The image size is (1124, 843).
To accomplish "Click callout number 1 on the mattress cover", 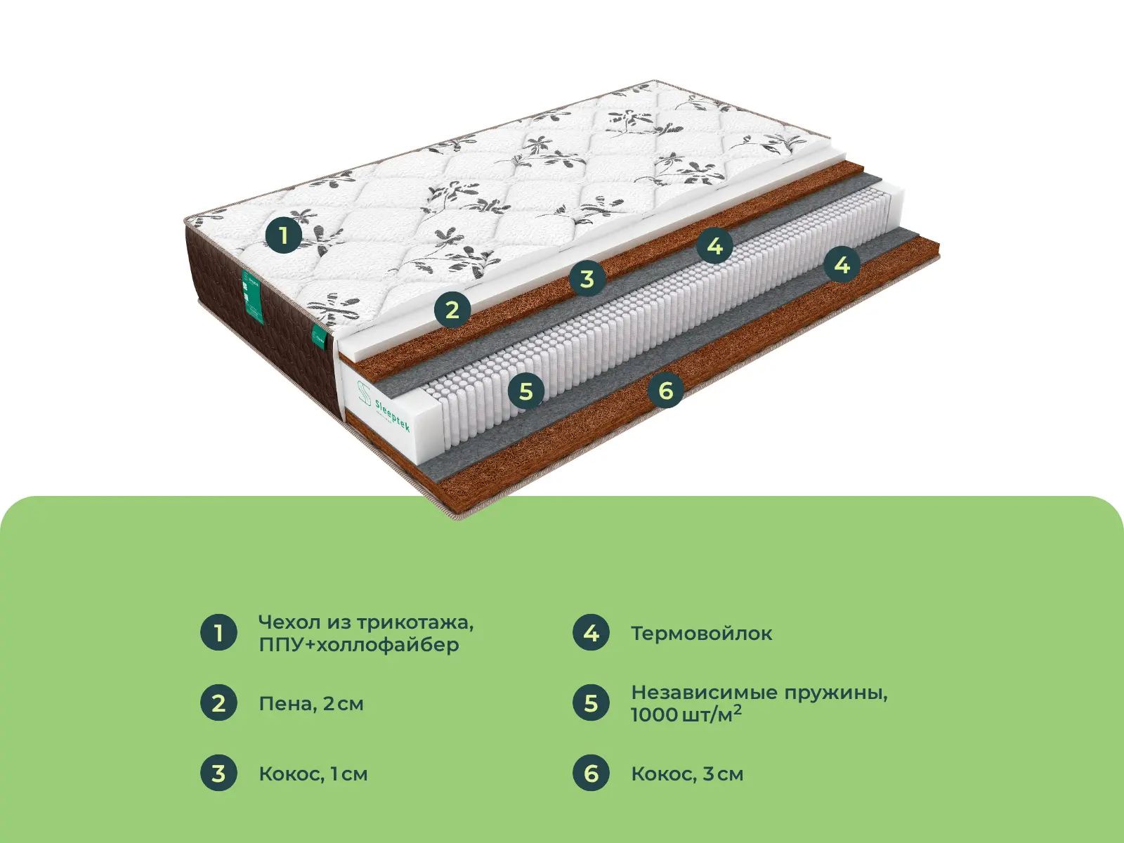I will [x=283, y=235].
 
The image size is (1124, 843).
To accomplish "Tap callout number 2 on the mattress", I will [x=452, y=310].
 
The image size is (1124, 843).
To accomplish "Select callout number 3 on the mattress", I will [x=587, y=279].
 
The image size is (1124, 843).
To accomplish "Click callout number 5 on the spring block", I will [x=526, y=391].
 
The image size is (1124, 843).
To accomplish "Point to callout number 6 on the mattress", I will [x=666, y=390].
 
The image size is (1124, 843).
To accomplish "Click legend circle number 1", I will [x=218, y=633].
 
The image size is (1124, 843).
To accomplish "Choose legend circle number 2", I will [x=218, y=703].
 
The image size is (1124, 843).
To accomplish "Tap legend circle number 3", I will [x=218, y=773].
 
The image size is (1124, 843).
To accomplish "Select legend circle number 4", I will [x=591, y=633].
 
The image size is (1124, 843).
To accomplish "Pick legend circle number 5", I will [x=591, y=703].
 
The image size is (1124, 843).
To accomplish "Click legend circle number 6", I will [x=591, y=773].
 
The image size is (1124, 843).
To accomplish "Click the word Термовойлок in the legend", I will [x=701, y=634].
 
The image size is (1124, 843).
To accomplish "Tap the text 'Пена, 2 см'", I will [x=311, y=704].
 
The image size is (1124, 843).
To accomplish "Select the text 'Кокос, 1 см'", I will [x=313, y=774].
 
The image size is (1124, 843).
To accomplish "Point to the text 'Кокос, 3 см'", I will [x=687, y=774].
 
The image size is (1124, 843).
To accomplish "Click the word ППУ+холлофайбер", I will [x=359, y=645].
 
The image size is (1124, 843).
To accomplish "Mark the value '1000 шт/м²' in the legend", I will [x=686, y=715].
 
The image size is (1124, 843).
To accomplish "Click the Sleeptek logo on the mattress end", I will [x=383, y=407].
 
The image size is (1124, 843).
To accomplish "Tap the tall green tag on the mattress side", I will [x=253, y=296].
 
